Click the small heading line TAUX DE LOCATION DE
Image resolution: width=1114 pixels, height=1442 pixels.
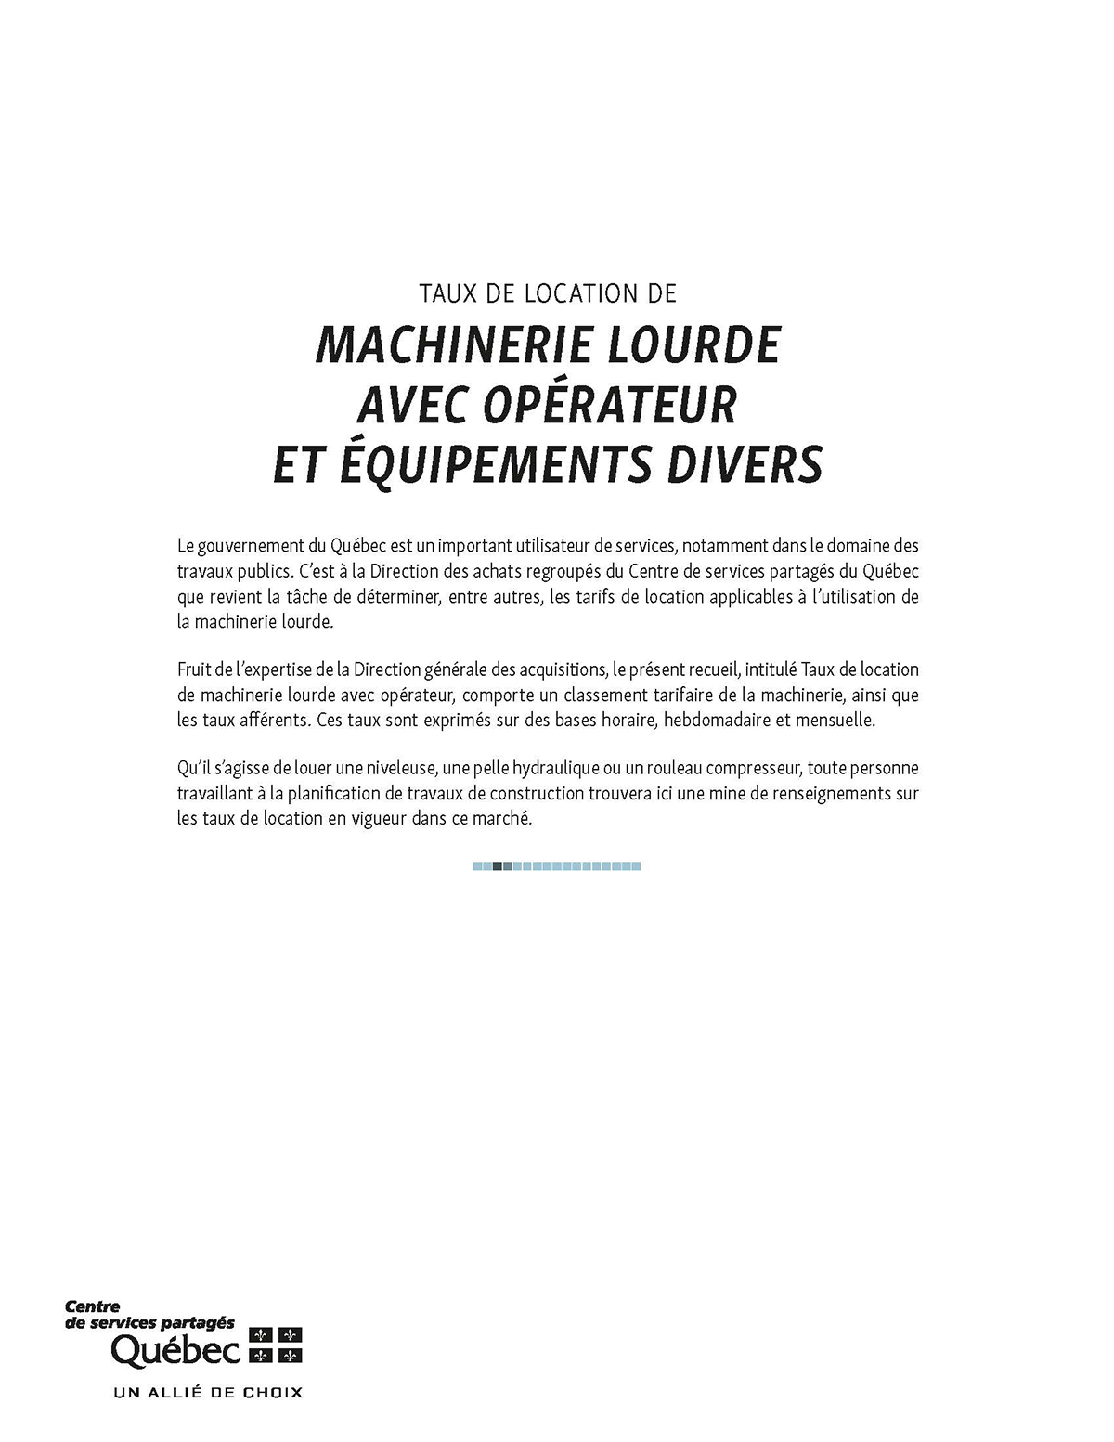click(548, 294)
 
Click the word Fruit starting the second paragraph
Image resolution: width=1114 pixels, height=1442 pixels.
click(194, 669)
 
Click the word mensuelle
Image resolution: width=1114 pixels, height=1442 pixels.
click(835, 720)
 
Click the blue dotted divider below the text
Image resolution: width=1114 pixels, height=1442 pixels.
click(557, 866)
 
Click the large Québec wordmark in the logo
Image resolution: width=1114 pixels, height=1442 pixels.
click(176, 1351)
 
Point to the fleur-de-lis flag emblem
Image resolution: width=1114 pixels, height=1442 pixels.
click(276, 1345)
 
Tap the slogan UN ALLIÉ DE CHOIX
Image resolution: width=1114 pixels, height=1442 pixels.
click(208, 1392)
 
